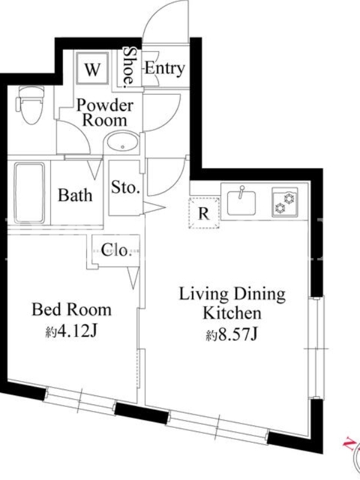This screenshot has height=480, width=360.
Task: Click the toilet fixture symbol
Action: point(30,104)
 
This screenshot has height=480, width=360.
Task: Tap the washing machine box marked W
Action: point(92,68)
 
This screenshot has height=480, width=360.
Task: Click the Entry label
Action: point(164,68)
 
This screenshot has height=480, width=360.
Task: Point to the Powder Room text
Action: point(104,113)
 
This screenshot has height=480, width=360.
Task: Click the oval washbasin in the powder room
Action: point(122,142)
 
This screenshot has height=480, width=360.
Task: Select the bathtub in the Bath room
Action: point(29,193)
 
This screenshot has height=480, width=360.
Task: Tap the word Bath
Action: point(75,195)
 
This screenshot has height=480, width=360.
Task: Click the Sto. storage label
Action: point(125,187)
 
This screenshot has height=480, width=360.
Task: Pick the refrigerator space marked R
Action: point(204,213)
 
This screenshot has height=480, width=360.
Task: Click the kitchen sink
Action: point(241,202)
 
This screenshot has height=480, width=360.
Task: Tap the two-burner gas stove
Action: point(284,202)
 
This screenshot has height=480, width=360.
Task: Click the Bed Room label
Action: point(71,310)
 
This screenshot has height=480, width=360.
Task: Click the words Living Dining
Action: point(232,295)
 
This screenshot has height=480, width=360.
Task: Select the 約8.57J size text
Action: point(232,335)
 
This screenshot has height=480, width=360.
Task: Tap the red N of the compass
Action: point(349,442)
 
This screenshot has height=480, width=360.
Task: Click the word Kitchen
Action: point(232,313)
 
